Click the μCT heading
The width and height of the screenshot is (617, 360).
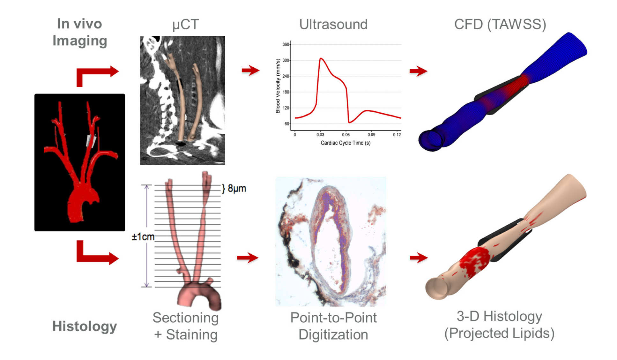tap(185, 25)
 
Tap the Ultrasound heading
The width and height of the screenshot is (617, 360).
tap(333, 24)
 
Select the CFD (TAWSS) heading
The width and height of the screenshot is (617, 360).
tap(500, 24)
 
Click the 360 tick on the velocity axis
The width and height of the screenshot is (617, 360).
tap(286, 44)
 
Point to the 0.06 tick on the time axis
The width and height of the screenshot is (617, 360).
tap(346, 135)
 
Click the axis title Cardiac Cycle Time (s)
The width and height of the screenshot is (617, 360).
tap(346, 143)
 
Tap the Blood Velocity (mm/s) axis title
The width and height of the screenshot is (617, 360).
tap(278, 86)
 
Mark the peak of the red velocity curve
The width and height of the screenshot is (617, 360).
tap(321, 58)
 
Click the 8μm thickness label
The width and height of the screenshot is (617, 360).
tap(236, 188)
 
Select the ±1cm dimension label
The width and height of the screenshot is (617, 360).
tap(143, 237)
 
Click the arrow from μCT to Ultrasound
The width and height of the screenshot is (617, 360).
tap(250, 70)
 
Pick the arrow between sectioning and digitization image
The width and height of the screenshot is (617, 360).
tap(248, 257)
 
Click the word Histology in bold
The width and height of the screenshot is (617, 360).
tap(85, 326)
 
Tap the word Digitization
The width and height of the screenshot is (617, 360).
tap(333, 334)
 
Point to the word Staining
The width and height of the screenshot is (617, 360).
tap(191, 334)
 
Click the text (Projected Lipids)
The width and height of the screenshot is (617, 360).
tap(499, 333)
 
